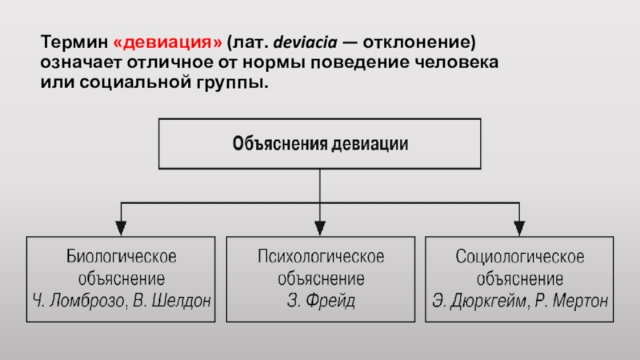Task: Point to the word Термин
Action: pos(74,41)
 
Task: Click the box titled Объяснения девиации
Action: pos(320,145)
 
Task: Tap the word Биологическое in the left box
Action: pos(121,258)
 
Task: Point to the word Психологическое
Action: pos(321,258)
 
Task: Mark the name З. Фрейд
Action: pos(321,302)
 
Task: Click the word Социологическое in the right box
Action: pos(520,258)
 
